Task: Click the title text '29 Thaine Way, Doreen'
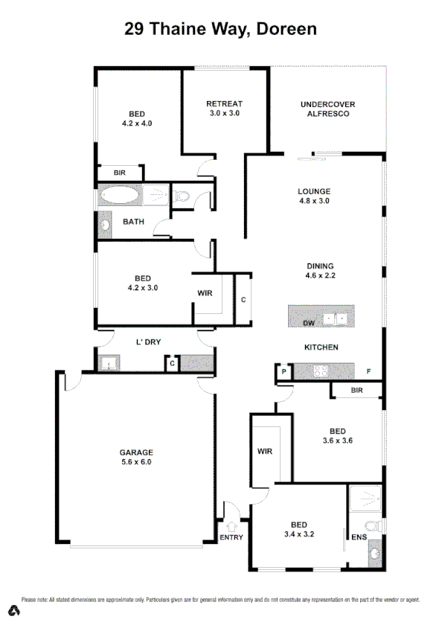[x=221, y=29]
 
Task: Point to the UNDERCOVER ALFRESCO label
[x=324, y=109]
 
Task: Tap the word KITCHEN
[x=321, y=347]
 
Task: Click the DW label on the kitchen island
[x=308, y=324]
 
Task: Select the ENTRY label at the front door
[x=231, y=538]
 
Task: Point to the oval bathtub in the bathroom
[x=119, y=196]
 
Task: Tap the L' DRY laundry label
[x=148, y=342]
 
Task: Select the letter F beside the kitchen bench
[x=368, y=371]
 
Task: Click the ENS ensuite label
[x=359, y=536]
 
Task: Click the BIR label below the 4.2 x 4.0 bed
[x=120, y=173]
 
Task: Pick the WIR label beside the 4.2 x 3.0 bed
[x=205, y=294]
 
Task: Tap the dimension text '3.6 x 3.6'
[x=337, y=440]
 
